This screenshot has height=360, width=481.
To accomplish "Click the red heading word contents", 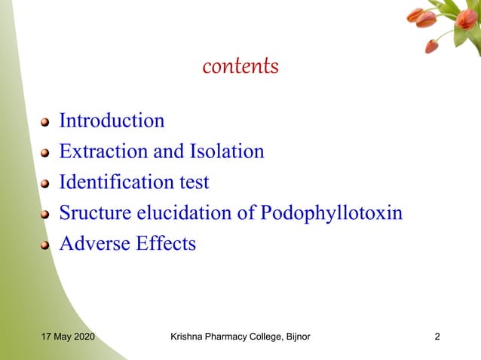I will tap(240, 67).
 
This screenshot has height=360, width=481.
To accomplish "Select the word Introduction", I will tap(112, 121).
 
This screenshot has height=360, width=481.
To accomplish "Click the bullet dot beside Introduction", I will tap(45, 122).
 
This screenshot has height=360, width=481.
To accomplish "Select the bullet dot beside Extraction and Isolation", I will tap(45, 153).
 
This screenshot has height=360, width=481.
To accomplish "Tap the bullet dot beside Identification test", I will tap(45, 184).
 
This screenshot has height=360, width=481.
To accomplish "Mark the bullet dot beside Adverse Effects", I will tap(45, 246).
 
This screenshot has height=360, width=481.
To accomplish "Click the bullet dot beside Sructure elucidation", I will tap(45, 215).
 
